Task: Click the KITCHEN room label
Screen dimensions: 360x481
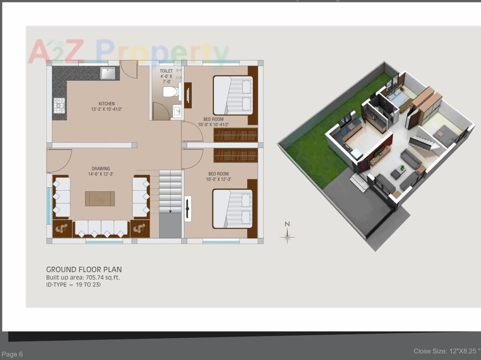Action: (107, 106)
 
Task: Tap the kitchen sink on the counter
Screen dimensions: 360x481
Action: (108, 73)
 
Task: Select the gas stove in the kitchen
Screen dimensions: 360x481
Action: (59, 105)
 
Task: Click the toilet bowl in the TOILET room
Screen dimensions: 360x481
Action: (170, 92)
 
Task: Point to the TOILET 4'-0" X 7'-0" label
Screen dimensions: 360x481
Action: (166, 76)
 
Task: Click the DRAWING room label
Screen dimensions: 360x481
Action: (100, 171)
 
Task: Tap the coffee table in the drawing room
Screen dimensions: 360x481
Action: (100, 199)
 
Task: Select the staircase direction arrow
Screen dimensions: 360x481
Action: (170, 211)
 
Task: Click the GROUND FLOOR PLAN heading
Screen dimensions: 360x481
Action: (84, 270)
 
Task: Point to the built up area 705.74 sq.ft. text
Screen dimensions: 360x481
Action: (83, 278)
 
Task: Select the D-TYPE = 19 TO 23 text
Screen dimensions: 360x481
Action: (73, 285)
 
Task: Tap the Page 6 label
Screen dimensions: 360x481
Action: (12, 354)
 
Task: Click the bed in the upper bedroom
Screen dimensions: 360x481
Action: (233, 95)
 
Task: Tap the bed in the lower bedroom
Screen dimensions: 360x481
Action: (233, 209)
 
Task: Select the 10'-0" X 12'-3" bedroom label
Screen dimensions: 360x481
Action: (218, 176)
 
